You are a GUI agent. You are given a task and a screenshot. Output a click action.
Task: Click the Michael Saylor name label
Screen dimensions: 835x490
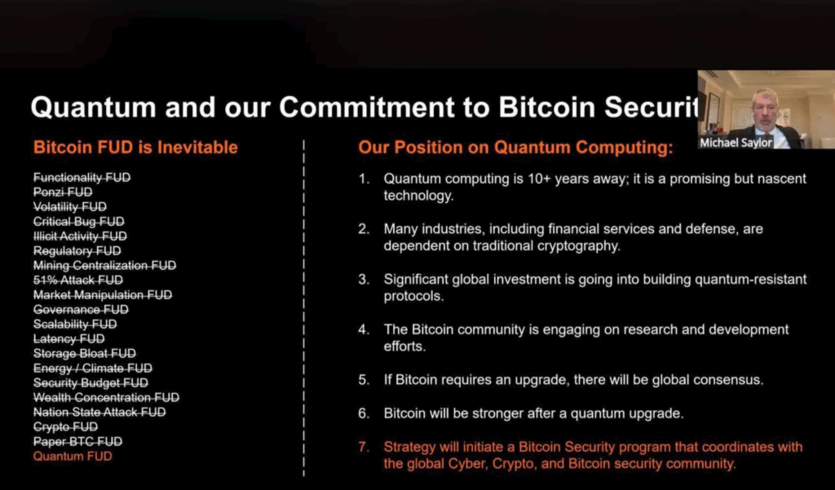736,142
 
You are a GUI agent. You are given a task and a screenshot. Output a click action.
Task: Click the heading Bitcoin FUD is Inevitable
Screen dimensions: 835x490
135,147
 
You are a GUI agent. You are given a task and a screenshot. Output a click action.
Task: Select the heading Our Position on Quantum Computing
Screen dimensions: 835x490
515,148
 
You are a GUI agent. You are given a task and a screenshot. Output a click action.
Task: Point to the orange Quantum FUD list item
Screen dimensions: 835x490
73,456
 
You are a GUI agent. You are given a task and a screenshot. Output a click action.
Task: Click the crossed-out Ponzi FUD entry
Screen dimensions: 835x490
63,192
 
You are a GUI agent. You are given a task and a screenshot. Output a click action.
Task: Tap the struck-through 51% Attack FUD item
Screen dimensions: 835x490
77,280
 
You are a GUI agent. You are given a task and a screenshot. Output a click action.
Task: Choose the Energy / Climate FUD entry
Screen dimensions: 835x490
93,368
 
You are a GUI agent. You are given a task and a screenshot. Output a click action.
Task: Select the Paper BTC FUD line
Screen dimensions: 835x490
77,442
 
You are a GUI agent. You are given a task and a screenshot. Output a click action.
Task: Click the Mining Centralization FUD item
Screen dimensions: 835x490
104,265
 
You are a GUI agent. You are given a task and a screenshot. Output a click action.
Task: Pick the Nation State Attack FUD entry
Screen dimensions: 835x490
99,412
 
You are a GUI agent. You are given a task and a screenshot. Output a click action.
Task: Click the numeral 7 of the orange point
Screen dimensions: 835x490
363,447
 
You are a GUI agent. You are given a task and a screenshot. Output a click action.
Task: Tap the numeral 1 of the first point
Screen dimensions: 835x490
363,179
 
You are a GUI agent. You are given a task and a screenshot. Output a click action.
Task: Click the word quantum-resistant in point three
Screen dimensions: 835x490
751,279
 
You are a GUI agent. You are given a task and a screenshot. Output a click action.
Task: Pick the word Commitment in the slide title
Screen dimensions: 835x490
366,107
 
